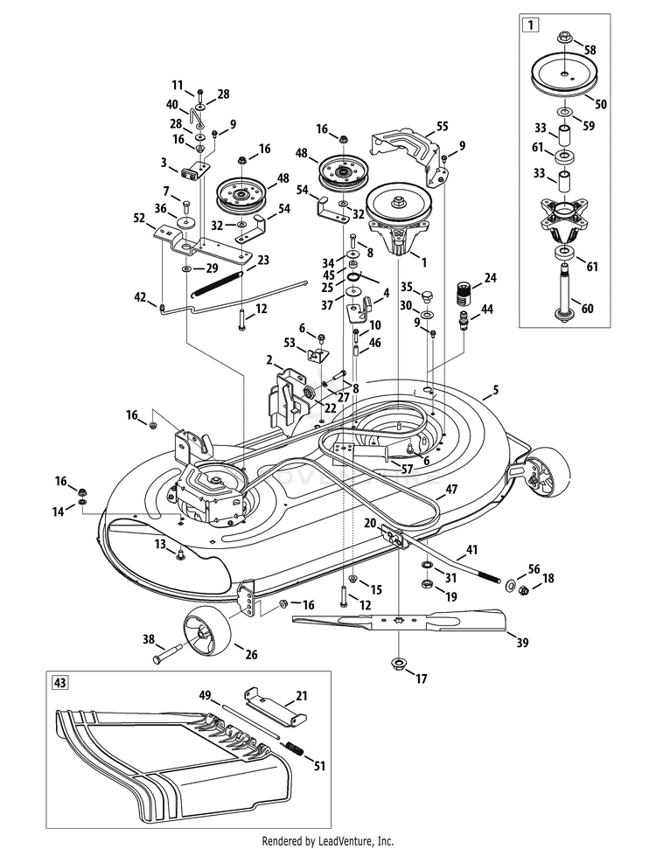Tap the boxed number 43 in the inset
tap(60, 681)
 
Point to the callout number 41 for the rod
tap(472, 551)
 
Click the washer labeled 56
tap(508, 582)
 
